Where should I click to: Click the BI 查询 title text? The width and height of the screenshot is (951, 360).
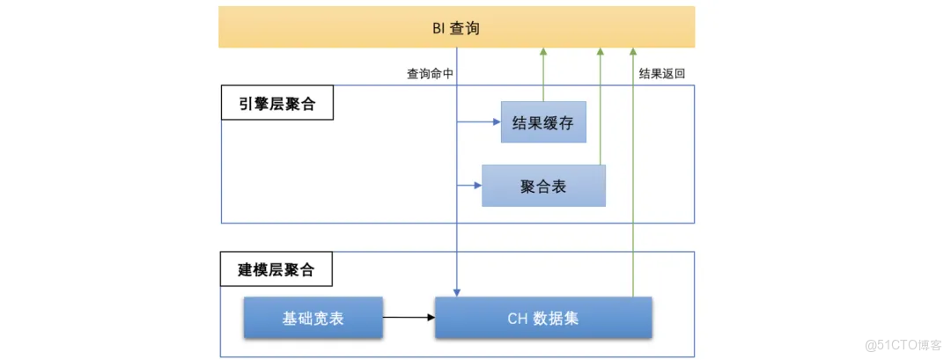tap(456, 28)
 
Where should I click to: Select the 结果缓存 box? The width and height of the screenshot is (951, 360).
tap(543, 122)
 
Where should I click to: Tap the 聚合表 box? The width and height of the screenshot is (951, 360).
tap(543, 186)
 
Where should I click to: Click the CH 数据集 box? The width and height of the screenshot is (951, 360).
tap(543, 318)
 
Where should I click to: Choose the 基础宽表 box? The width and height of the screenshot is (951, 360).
tap(313, 318)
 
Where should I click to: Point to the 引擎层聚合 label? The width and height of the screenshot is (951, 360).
tap(276, 105)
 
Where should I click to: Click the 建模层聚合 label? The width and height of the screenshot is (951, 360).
tap(276, 269)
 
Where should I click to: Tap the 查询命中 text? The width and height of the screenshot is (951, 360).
tap(430, 75)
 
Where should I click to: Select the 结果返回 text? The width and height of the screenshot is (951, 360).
tap(661, 75)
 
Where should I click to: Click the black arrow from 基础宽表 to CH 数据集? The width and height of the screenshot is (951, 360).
tap(409, 317)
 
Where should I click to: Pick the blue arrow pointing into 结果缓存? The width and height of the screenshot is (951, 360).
tap(480, 122)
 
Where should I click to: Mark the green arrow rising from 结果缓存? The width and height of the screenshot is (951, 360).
tap(543, 75)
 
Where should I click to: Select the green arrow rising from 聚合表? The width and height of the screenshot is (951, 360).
tap(601, 106)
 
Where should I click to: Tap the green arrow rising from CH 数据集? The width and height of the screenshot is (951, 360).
tap(633, 176)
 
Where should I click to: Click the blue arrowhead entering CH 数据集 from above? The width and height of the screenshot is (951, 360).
tap(457, 291)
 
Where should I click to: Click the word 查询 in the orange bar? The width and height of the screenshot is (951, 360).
tap(465, 28)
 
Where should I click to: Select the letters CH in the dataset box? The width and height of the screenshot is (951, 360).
tap(517, 318)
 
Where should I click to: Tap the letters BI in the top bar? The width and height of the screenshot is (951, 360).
tap(439, 28)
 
